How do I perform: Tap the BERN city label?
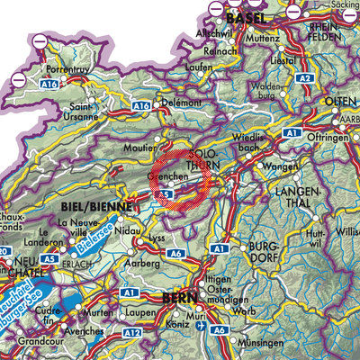(184, 297)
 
